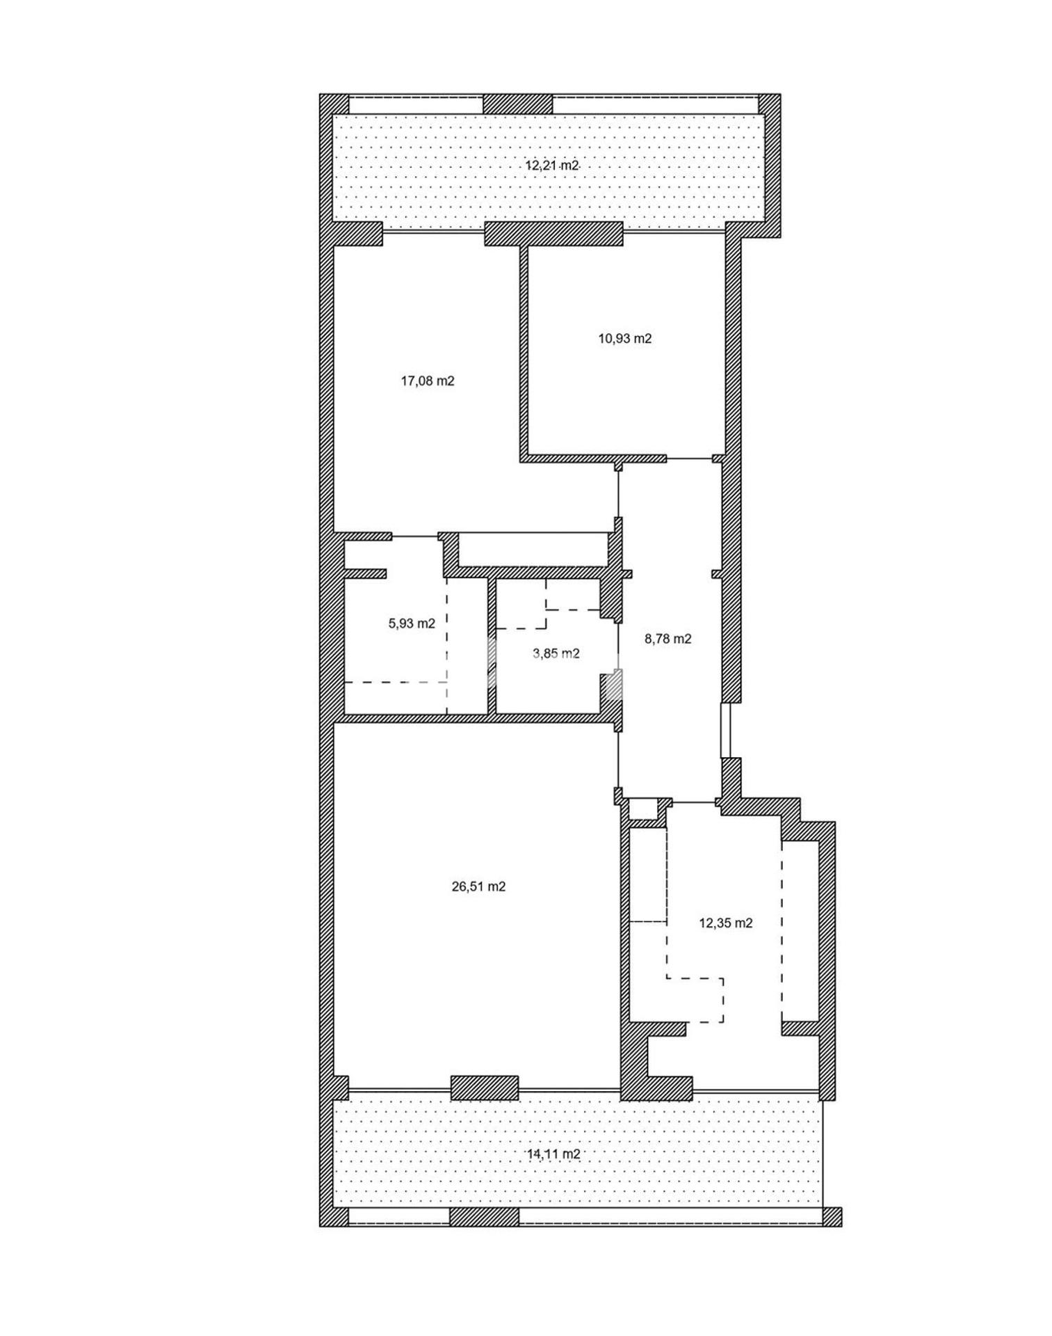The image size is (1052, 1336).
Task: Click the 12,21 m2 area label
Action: pyautogui.click(x=551, y=166)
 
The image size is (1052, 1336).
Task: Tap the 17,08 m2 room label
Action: pyautogui.click(x=428, y=381)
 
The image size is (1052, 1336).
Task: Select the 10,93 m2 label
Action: pyautogui.click(x=625, y=339)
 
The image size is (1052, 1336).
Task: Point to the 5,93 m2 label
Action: pyautogui.click(x=412, y=623)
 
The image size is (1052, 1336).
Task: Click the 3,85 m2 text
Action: pyautogui.click(x=556, y=653)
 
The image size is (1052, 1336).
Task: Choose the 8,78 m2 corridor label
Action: pyautogui.click(x=668, y=639)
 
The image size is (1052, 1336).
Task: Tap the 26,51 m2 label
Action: pyautogui.click(x=478, y=886)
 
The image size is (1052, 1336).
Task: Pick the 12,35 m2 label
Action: pyautogui.click(x=726, y=923)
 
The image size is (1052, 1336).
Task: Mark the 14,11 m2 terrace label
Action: pyautogui.click(x=553, y=1154)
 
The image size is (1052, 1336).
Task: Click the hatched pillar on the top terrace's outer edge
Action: pyautogui.click(x=517, y=104)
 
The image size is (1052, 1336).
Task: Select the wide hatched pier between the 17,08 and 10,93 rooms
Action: pyautogui.click(x=553, y=234)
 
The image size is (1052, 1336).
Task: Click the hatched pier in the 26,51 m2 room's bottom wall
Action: pyautogui.click(x=485, y=1088)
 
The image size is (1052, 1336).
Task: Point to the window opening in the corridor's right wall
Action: pyautogui.click(x=727, y=731)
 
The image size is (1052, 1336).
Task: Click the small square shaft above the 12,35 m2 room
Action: pyautogui.click(x=643, y=810)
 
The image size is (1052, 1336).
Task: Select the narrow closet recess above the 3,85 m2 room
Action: pyautogui.click(x=533, y=550)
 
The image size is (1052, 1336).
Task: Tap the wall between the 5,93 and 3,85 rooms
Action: pyautogui.click(x=492, y=646)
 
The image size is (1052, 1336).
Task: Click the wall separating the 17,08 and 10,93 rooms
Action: pyautogui.click(x=524, y=351)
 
